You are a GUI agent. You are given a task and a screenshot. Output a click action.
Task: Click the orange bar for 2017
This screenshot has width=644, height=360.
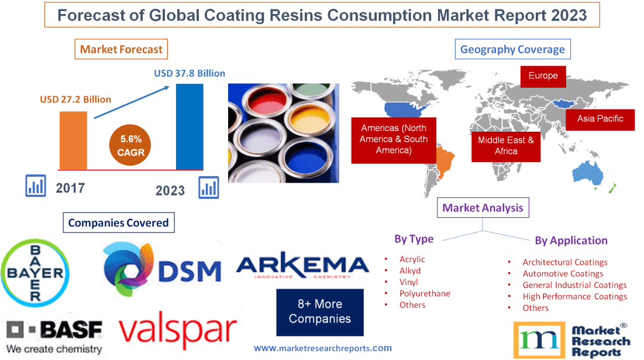click(x=73, y=140)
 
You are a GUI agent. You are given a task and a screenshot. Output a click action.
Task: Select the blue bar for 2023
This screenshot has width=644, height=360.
click(x=190, y=126)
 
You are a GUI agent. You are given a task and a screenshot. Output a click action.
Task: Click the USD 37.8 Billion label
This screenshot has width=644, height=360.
click(x=190, y=74)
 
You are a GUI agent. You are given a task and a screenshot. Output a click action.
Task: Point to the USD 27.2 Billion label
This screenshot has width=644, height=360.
click(x=75, y=100)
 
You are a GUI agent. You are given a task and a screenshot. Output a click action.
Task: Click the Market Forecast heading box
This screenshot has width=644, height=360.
click(x=121, y=49)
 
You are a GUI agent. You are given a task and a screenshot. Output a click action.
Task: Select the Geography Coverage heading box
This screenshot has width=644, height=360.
click(x=512, y=49)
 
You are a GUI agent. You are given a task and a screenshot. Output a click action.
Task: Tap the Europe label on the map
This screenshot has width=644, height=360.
click(x=543, y=76)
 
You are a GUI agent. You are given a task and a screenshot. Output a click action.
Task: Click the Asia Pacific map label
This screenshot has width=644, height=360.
click(x=600, y=118)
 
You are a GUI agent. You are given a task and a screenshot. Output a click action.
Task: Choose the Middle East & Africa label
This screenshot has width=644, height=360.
click(x=506, y=145)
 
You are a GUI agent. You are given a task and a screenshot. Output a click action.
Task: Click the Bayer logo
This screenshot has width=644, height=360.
click(x=33, y=273)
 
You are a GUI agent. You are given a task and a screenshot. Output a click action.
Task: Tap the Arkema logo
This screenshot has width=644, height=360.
click(x=302, y=267)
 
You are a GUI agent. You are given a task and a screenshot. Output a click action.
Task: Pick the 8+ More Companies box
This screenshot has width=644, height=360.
click(x=320, y=312)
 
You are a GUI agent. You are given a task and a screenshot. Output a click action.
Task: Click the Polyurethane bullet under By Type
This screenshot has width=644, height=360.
click(x=425, y=293)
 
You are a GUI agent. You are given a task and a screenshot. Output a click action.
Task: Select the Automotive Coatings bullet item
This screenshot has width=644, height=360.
click(x=563, y=273)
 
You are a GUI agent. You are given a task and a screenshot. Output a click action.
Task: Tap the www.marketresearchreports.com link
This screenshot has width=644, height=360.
click(x=323, y=348)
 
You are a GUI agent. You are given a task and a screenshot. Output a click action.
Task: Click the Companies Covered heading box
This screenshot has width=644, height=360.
click(x=118, y=222)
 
